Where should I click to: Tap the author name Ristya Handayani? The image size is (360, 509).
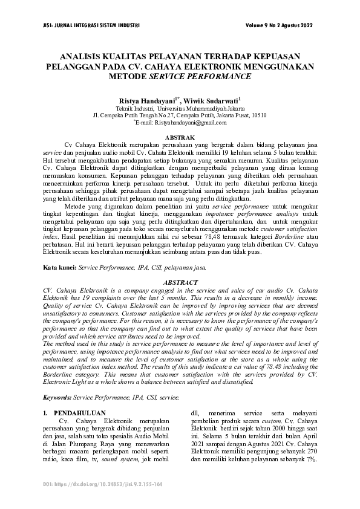[x=146, y=97]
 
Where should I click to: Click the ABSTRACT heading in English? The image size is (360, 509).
[x=180, y=282]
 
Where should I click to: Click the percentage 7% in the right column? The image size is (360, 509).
[x=312, y=459]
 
